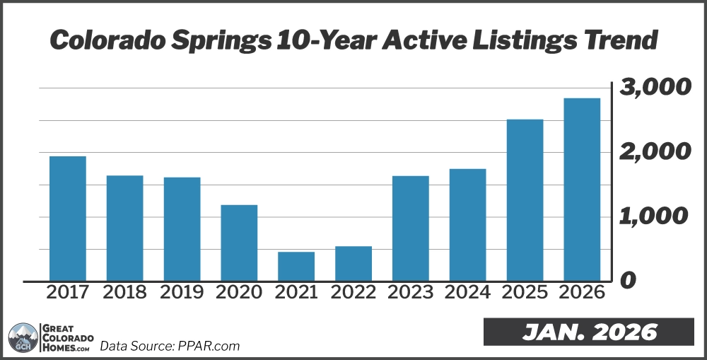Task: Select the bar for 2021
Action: point(296,266)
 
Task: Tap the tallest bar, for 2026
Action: point(582,189)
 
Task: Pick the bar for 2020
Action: point(239,243)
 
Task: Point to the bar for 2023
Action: point(411,228)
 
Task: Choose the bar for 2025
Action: point(525,199)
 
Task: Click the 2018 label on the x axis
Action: point(124,292)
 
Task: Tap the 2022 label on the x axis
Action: point(353,292)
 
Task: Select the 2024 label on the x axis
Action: point(467,292)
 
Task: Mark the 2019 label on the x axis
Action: point(182,292)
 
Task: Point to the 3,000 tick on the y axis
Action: point(654,88)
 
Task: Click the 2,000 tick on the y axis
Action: point(654,152)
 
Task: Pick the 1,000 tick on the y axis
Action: point(654,216)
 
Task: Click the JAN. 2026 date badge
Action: point(589,332)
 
